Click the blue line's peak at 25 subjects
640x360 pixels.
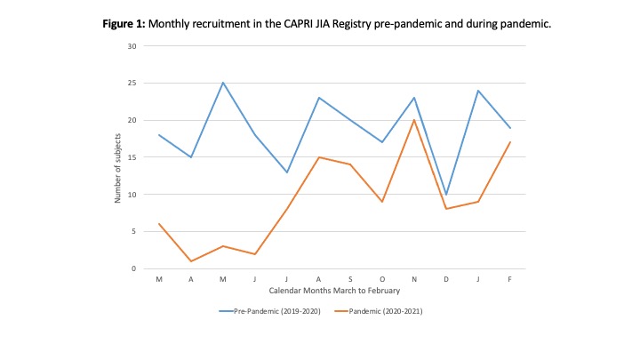[223, 83]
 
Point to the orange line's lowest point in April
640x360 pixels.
[191, 260]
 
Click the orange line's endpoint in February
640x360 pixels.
[508, 142]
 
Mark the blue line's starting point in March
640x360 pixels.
[159, 135]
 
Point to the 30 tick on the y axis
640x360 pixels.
[132, 46]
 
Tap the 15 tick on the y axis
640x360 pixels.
[132, 157]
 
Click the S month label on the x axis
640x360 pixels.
[350, 278]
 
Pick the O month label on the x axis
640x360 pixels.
[381, 278]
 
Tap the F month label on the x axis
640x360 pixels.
[508, 278]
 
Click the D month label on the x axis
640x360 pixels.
[445, 278]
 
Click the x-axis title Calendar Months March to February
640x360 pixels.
[333, 290]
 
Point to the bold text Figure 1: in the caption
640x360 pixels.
[124, 22]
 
